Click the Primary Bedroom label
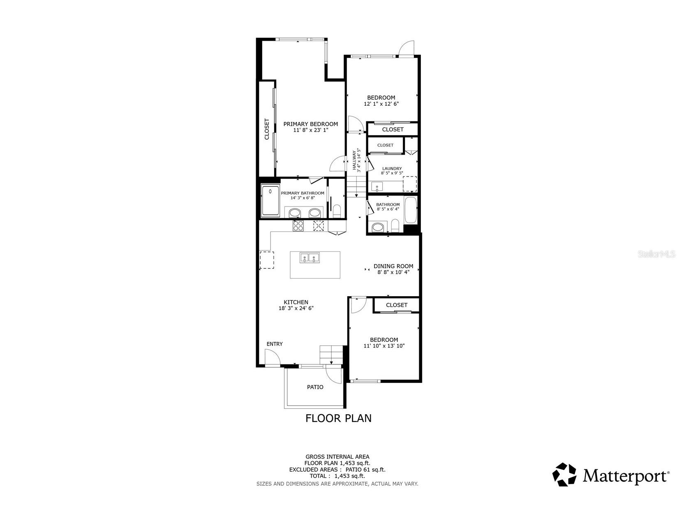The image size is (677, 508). click(x=310, y=124)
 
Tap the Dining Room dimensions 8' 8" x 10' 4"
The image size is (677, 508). click(x=393, y=272)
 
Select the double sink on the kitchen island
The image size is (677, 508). click(x=309, y=258)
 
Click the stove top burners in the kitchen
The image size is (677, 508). click(x=298, y=225)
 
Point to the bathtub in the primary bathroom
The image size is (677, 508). click(x=270, y=202)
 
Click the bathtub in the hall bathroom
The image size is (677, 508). click(x=411, y=211)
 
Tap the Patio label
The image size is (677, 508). click(x=315, y=387)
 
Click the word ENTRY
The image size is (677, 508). click(x=275, y=344)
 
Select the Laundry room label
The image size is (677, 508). click(x=392, y=169)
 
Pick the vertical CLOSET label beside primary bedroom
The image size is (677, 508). click(x=267, y=129)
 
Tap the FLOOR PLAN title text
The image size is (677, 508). click(x=338, y=418)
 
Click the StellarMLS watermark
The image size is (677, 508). click(x=656, y=254)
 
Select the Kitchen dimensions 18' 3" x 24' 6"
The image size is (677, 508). click(x=296, y=308)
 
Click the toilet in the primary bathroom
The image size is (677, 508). click(x=337, y=211)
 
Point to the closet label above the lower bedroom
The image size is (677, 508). click(x=397, y=305)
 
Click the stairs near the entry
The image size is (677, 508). click(x=331, y=354)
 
